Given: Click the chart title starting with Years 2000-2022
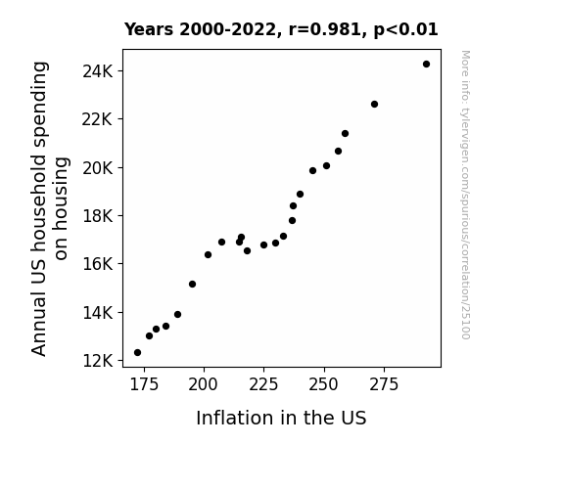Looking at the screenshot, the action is click(281, 29).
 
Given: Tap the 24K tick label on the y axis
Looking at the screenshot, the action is click(97, 71).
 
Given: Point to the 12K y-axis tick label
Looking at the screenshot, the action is click(97, 361).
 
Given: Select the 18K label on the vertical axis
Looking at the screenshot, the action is click(97, 216).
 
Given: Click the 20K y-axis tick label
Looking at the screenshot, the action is click(97, 168).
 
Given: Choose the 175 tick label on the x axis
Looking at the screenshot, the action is click(144, 384).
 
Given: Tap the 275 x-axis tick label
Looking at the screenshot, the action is click(384, 384).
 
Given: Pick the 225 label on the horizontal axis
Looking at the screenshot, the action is click(263, 384).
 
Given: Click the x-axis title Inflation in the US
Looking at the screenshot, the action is click(281, 418).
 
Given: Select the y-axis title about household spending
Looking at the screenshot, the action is click(50, 208).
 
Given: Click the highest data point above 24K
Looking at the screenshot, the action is click(426, 65).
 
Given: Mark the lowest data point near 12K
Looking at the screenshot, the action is click(137, 353).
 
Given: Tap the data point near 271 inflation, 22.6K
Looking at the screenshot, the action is click(374, 105).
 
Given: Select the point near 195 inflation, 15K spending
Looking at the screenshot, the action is click(193, 285).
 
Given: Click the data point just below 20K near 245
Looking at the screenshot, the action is click(312, 171).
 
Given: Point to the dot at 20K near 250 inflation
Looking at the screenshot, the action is click(326, 165).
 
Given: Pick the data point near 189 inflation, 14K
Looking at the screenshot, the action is click(178, 315).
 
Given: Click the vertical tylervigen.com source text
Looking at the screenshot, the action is click(466, 195).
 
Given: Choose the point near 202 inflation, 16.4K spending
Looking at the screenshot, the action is click(208, 254).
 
